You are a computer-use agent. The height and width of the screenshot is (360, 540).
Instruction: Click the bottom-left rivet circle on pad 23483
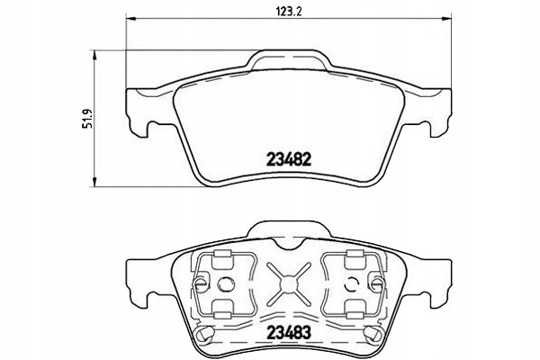coord(204,337)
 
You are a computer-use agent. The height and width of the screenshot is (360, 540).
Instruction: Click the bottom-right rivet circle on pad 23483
coord(370,337)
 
